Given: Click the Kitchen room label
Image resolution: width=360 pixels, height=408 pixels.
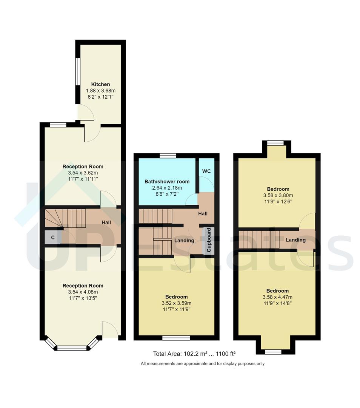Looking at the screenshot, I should click(x=100, y=84).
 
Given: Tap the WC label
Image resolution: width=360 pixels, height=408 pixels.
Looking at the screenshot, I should click(x=206, y=171).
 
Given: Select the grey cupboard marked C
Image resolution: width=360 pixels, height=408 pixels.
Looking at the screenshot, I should click(x=53, y=238).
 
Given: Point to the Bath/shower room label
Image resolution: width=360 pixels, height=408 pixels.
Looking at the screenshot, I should click(x=167, y=181).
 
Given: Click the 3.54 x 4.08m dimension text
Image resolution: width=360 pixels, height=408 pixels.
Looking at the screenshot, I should click(x=83, y=292).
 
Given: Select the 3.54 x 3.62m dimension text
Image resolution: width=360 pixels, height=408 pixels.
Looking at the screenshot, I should click(x=83, y=173).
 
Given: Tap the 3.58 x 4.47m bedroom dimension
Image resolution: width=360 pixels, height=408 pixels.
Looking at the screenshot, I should click(x=277, y=297).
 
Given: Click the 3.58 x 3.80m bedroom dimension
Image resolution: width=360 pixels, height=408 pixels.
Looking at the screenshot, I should click(x=278, y=195).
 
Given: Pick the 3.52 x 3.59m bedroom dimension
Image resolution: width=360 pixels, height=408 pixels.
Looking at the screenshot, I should click(x=176, y=303).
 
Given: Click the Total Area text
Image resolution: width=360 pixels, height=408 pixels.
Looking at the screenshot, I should click(x=194, y=354).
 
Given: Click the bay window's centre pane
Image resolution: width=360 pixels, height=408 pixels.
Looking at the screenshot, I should click(x=72, y=348).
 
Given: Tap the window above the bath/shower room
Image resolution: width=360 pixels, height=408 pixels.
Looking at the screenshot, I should click(x=168, y=155).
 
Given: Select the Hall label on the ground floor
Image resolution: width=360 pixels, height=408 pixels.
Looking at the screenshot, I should click(x=106, y=223).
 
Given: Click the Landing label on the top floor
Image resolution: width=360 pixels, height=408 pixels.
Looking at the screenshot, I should click(x=295, y=240).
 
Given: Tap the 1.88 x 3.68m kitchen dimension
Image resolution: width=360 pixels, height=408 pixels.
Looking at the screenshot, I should click(x=100, y=91).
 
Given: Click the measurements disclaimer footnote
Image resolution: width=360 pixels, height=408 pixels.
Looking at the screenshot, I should click(x=203, y=364).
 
